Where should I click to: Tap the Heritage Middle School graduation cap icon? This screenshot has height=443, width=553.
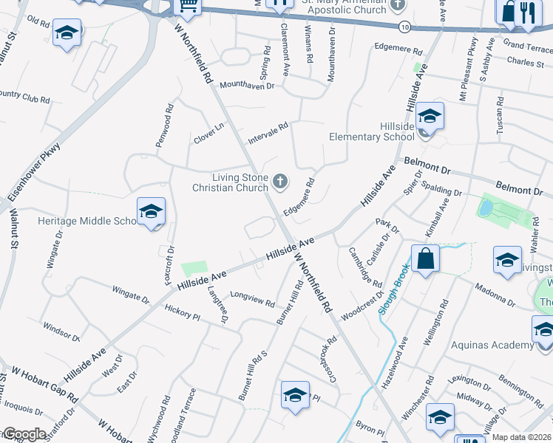point(151,212)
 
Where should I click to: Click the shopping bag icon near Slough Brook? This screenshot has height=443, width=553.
point(425,259)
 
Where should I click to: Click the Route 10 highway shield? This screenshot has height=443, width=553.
point(404,26)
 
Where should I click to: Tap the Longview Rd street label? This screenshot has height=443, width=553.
point(252,298)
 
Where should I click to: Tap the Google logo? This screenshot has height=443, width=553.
point(24,434)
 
